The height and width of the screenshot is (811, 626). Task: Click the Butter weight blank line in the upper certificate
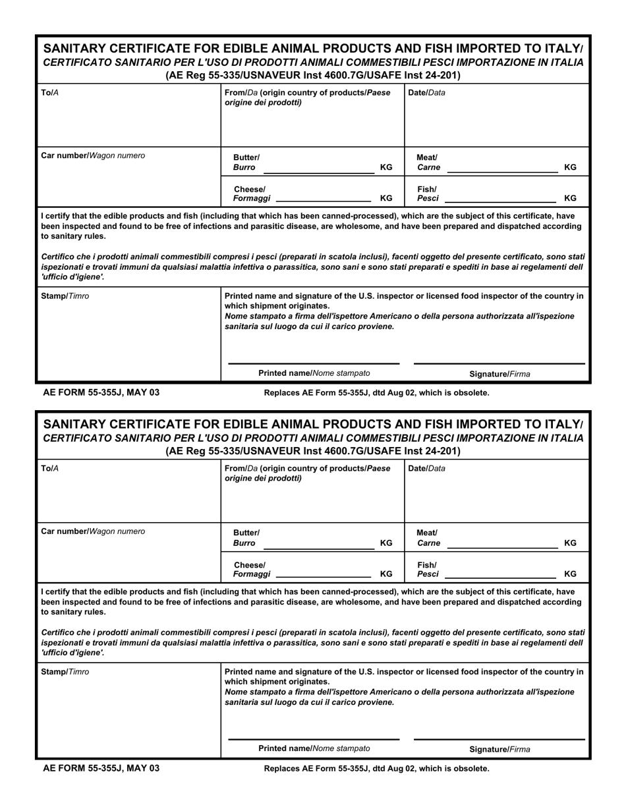coord(318,172)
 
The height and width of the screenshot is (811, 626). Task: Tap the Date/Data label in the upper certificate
coord(426,93)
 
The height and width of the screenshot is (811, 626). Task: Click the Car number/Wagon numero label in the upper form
coord(93,156)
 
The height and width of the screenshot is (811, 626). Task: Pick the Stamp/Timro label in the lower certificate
coord(65,672)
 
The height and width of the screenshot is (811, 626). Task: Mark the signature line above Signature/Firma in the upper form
coord(499,363)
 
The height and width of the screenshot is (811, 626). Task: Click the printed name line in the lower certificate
coord(314,739)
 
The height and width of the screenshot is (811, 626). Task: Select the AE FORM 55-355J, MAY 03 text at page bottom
coord(101,768)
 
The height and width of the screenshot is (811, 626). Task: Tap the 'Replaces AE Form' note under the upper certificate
coord(376,393)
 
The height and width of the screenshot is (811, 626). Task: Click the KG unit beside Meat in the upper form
coord(570,167)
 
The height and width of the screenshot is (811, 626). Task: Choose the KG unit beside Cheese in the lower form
coord(386,574)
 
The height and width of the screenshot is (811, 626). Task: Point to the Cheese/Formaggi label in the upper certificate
coord(251,194)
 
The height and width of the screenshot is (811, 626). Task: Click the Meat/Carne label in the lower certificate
coord(428,538)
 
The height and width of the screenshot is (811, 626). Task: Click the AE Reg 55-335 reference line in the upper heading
coord(313,75)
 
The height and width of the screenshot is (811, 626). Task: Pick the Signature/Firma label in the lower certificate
coord(499,750)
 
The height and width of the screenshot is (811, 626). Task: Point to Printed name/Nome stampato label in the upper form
coord(314,373)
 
